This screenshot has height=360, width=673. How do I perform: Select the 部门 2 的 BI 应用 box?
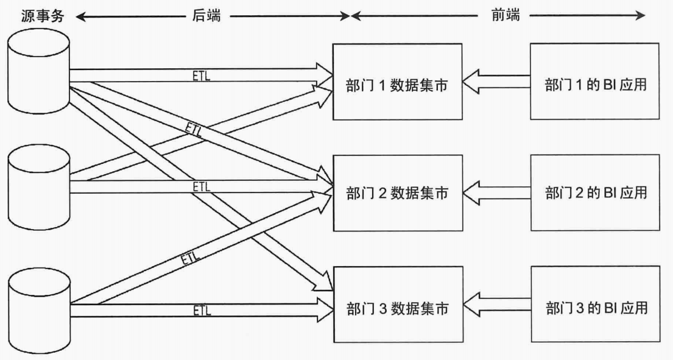594,193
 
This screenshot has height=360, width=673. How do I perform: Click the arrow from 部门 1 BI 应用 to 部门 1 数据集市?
495,82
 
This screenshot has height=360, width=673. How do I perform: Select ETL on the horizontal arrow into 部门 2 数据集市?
202,186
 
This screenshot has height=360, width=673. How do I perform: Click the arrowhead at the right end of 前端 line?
640,16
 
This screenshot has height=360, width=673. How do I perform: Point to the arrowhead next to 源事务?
80,16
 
